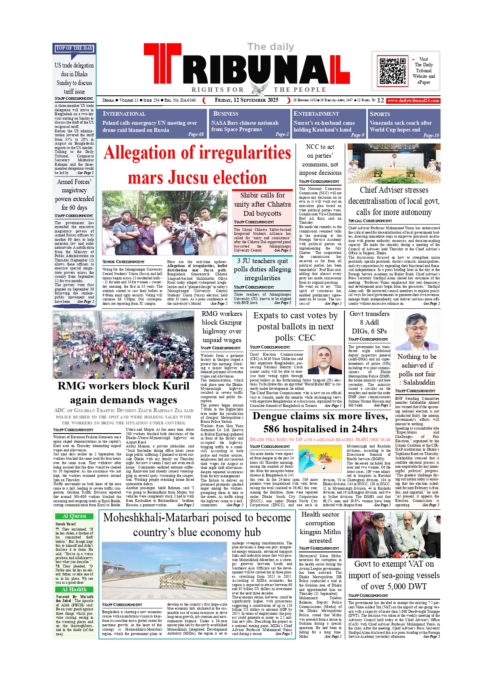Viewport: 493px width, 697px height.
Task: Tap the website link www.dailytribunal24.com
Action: coord(413,101)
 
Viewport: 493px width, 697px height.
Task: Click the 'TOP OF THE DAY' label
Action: coord(74,48)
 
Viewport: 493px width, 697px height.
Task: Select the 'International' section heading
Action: coord(124,114)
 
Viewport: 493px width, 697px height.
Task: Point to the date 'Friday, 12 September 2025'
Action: coord(246,100)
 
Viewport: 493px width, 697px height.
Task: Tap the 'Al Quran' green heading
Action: coord(74,516)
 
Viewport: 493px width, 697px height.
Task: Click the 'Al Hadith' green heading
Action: coord(74,590)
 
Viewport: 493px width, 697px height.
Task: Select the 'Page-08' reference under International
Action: coord(196,134)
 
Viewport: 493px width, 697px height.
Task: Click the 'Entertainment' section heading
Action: coord(316,114)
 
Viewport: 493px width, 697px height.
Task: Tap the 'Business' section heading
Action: coord(226,114)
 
